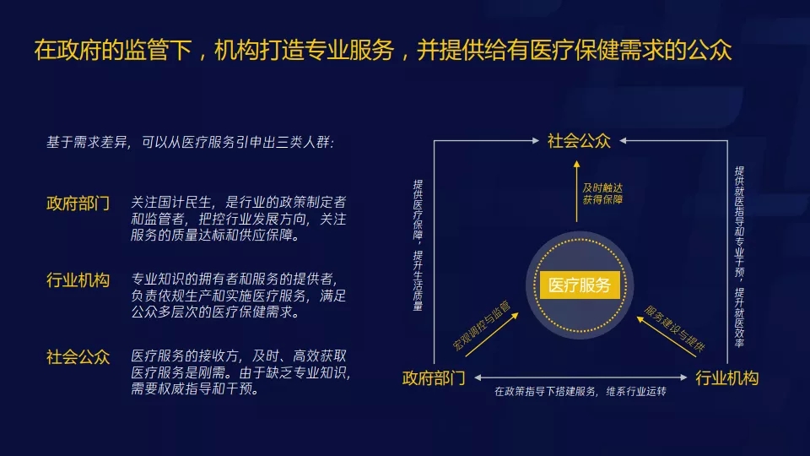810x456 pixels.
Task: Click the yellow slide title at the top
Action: (383, 50)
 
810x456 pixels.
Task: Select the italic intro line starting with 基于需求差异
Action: (190, 142)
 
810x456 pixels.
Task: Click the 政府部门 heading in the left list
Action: (78, 204)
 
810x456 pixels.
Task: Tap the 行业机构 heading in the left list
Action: (78, 280)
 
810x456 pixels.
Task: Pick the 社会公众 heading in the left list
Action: (78, 356)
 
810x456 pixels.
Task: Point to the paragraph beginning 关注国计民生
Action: (238, 218)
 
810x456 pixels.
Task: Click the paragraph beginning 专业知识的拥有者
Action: (238, 296)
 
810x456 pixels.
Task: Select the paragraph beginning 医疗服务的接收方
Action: (240, 372)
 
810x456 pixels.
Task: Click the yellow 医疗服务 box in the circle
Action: (580, 285)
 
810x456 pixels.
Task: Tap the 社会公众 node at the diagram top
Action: (579, 141)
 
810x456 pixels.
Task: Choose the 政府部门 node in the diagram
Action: (434, 378)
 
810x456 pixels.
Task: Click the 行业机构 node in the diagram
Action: (726, 378)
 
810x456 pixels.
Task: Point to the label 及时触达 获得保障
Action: (602, 193)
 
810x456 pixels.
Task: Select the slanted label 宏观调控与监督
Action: (482, 325)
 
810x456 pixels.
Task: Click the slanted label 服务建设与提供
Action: (675, 328)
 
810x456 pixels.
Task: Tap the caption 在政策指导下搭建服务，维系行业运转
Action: (580, 391)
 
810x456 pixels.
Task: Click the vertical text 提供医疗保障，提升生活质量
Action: (418, 245)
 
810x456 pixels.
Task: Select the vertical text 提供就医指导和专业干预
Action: (739, 257)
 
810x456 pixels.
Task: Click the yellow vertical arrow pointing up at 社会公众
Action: (576, 192)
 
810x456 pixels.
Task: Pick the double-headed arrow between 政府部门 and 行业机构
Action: (580, 377)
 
